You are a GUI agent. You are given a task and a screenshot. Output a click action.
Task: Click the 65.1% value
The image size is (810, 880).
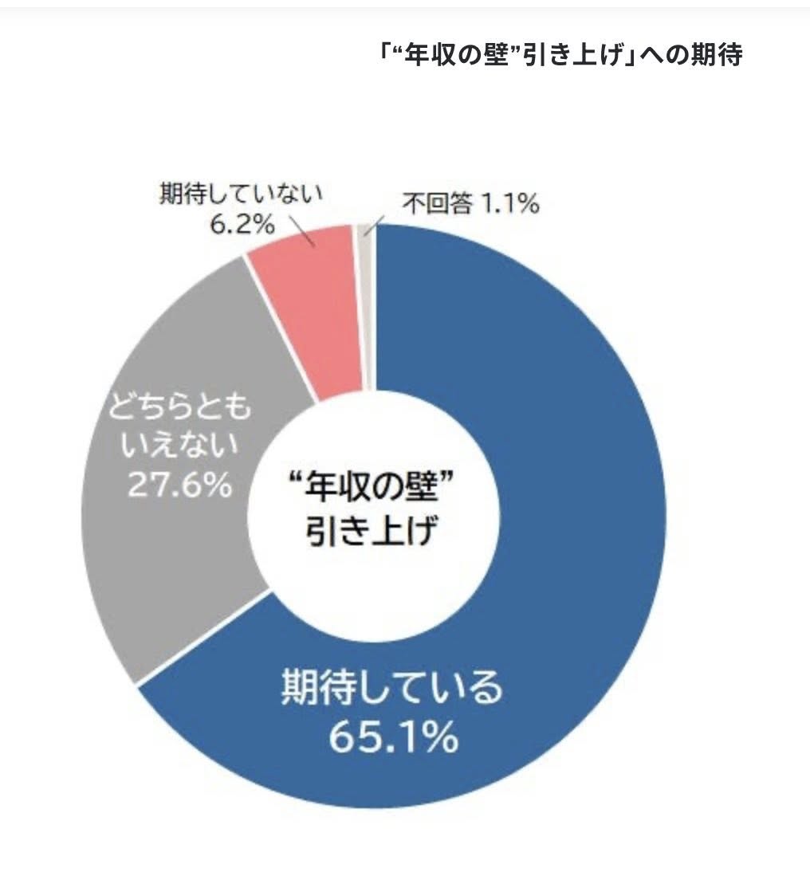394,739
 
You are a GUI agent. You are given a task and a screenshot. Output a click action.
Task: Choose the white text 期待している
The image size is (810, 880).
392,689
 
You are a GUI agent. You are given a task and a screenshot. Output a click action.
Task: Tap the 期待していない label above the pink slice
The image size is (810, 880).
240,194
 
